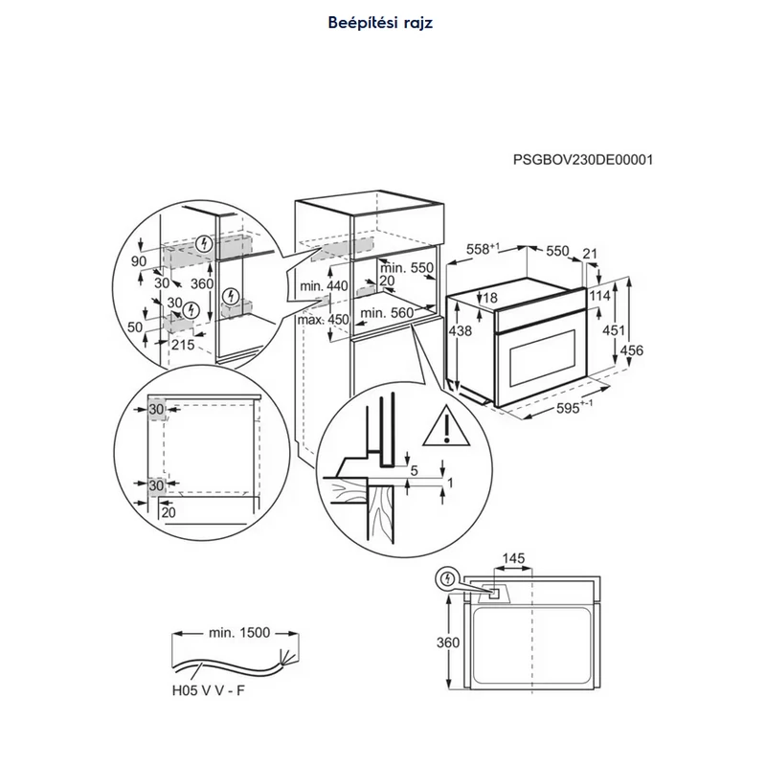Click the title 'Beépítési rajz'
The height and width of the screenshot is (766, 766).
point(380,22)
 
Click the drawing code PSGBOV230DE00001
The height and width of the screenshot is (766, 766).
point(583,160)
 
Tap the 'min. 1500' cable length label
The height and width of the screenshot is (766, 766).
point(238,633)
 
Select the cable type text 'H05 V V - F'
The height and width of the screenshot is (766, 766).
point(208,690)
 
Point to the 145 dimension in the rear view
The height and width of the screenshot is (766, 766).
point(513,558)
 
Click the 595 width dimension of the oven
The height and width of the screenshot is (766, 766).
point(574,407)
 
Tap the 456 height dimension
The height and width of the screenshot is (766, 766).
point(632,350)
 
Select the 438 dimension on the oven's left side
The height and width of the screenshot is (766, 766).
point(461,330)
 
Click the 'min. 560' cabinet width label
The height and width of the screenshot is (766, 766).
point(387,313)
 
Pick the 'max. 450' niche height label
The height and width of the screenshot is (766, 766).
point(324,320)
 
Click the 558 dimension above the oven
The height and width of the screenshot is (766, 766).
point(483,249)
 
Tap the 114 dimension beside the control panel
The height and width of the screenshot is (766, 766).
point(600,296)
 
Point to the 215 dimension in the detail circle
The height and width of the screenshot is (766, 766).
point(183,345)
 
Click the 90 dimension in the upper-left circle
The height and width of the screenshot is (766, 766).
point(139,261)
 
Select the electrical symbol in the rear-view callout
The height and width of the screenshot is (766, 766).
point(446,579)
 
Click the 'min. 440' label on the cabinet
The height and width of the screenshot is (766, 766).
point(324,285)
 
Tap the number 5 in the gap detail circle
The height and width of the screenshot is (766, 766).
point(415,470)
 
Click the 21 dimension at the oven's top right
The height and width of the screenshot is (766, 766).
point(590,254)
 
